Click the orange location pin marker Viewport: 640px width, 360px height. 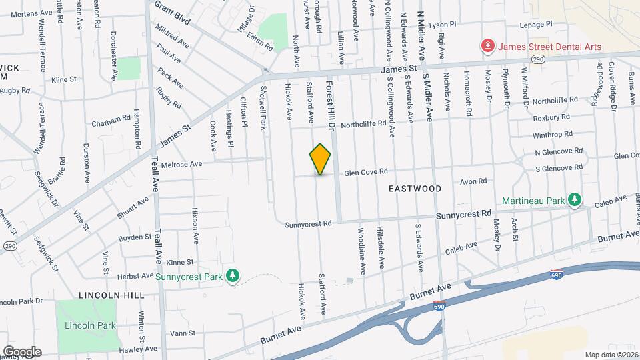point(321,159)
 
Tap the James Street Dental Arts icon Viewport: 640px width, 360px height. point(488,46)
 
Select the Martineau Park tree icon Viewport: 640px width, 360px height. point(574,199)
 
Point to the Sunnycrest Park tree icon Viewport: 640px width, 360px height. point(232,275)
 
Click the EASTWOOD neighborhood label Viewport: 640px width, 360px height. point(415,189)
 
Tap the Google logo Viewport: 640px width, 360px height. point(22,351)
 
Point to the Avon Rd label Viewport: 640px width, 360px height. point(474,181)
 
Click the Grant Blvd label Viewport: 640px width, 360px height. point(172,12)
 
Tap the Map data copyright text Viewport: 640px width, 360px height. point(611,354)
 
